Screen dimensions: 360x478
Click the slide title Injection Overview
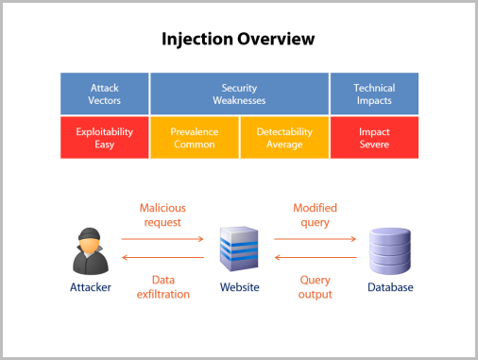click(x=237, y=40)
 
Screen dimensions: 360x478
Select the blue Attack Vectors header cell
click(x=104, y=94)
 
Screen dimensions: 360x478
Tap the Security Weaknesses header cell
click(x=239, y=94)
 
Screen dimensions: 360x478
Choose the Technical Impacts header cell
click(x=374, y=94)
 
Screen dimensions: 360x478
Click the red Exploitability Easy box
click(x=104, y=138)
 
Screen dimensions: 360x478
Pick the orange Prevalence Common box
click(x=194, y=138)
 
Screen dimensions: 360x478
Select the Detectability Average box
click(x=284, y=138)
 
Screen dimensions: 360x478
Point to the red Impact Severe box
click(x=374, y=138)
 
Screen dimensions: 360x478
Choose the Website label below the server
click(x=239, y=287)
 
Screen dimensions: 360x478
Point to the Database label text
click(x=390, y=287)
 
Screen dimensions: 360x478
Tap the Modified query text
click(x=315, y=214)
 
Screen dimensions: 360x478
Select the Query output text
click(x=316, y=286)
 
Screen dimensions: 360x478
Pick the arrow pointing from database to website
click(x=316, y=257)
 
